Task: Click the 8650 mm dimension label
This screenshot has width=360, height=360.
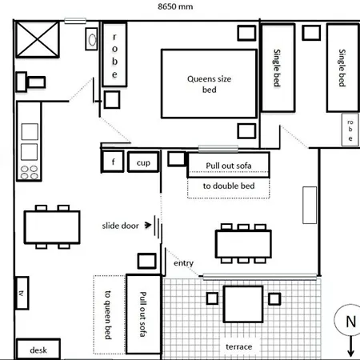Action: point(175,6)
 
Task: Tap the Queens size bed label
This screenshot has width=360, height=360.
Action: point(210,84)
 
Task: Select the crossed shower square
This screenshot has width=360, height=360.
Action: point(38,39)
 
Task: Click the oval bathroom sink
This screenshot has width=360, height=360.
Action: point(92,40)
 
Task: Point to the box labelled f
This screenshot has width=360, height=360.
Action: point(113,162)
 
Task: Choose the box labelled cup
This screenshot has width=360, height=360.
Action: point(143,162)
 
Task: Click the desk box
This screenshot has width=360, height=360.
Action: point(38,349)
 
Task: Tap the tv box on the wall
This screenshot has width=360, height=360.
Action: point(22,293)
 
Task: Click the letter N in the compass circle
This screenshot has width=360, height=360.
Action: point(350,322)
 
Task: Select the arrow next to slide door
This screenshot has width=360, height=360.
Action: point(148,225)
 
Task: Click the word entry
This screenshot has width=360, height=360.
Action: point(183,263)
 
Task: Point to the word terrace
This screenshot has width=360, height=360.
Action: point(239,346)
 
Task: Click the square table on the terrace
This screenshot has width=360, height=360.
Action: point(243,304)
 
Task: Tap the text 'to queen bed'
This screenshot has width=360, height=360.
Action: point(107,314)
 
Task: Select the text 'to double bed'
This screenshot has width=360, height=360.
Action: point(229,186)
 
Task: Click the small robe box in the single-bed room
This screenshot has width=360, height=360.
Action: point(350,130)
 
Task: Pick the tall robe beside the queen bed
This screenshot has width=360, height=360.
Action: point(114,54)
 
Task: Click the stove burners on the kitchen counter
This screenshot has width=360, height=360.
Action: point(30,172)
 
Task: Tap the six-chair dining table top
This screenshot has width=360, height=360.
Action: point(243,244)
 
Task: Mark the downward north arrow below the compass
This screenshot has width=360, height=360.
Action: point(351,346)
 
